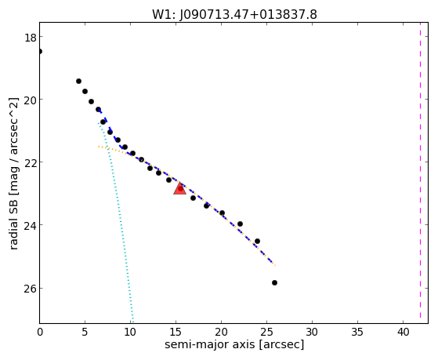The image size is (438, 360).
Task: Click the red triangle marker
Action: (179, 188)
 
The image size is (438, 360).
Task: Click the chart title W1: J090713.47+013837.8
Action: (234, 14)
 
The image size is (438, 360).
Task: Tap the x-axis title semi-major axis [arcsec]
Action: (234, 344)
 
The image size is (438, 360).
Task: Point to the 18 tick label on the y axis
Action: (30, 38)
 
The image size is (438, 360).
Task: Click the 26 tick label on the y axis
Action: (30, 289)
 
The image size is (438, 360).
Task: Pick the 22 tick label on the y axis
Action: (30, 163)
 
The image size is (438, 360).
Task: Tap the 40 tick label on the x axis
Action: (403, 333)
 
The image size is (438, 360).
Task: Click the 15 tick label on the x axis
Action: (176, 333)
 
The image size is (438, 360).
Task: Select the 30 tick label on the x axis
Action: (312, 333)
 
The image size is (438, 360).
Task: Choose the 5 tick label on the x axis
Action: (85, 333)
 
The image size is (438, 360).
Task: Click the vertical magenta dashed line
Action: (420, 173)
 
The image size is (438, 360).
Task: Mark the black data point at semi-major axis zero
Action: (40, 51)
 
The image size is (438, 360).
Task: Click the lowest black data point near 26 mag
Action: (274, 283)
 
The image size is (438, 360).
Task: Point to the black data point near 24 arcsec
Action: (257, 241)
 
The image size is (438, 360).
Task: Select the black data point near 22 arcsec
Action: (240, 224)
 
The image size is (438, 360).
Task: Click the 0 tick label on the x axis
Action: (40, 333)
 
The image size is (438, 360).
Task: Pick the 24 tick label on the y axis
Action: (30, 226)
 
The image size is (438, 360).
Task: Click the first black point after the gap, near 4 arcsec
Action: (79, 81)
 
